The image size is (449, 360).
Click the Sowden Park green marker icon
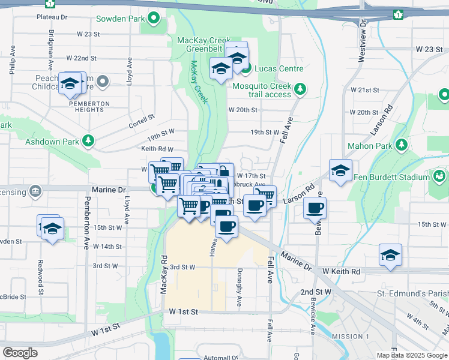tap(155, 19)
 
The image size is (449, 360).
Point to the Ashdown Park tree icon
tap(89, 142)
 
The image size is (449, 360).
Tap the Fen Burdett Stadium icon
tap(439, 177)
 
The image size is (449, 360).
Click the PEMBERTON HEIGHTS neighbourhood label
tap(89, 104)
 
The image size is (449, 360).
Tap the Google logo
tap(20, 353)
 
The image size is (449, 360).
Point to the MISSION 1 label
tap(350, 336)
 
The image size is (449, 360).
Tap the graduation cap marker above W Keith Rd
tap(390, 255)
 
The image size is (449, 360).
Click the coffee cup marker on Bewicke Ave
tap(315, 208)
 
